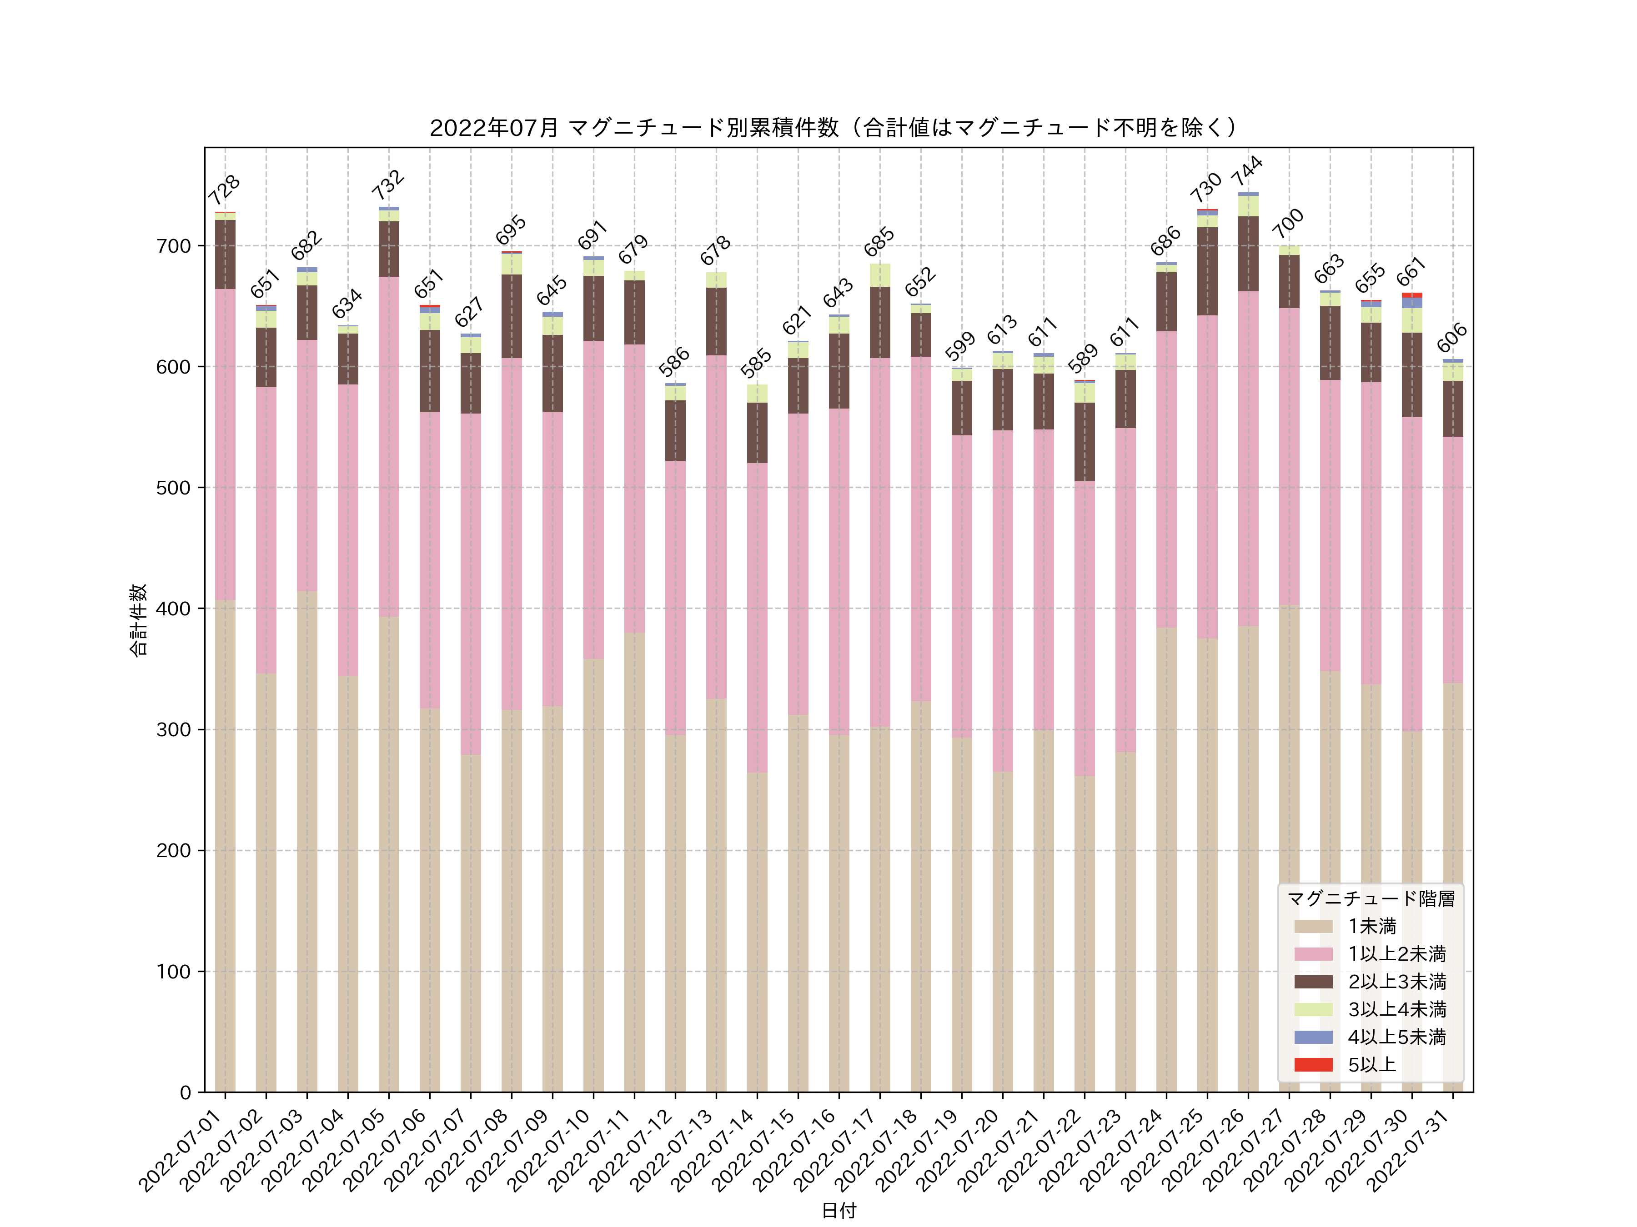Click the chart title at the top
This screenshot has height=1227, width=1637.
(834, 128)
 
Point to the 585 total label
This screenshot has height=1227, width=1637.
(756, 363)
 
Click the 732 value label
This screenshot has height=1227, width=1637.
(388, 185)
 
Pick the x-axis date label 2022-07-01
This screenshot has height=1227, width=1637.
(181, 1150)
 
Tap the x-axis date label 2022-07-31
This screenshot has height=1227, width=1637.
(1409, 1150)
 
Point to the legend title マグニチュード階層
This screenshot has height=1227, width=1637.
(1371, 898)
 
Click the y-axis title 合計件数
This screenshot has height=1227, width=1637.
(138, 620)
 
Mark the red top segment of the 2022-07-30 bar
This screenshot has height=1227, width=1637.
(1411, 295)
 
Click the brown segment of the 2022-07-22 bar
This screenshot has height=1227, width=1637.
(1084, 442)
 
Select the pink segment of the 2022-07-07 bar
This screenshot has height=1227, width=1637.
(471, 584)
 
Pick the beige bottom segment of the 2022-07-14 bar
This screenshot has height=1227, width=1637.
(757, 932)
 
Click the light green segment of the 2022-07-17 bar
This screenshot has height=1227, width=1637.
(880, 275)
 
